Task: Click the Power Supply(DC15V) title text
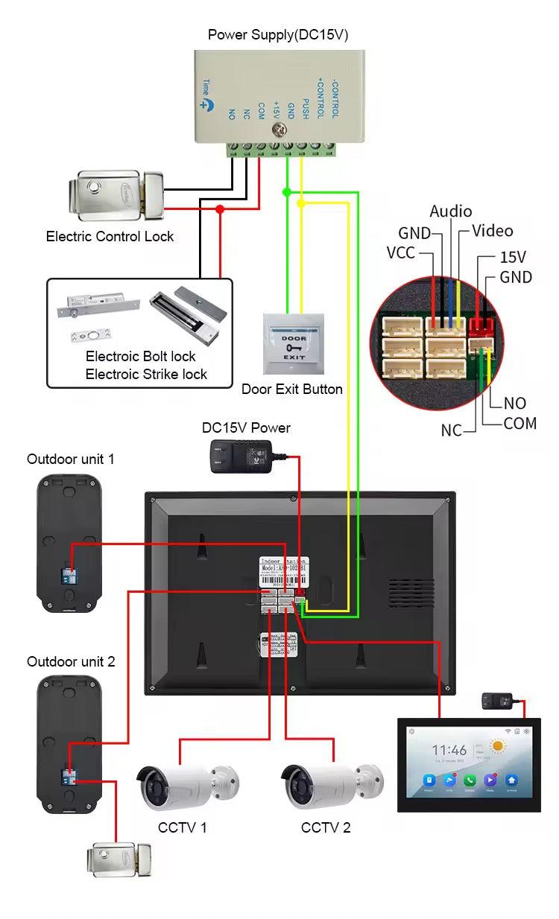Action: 278,34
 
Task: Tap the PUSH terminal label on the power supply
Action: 306,110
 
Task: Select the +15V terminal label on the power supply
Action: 276,110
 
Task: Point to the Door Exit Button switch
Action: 293,343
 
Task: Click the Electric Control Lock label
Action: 110,237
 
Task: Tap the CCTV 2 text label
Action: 326,827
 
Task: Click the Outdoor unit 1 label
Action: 71,459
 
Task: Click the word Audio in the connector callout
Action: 451,212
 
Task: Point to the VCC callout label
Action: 400,252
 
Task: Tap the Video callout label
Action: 493,231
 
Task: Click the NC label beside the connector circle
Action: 452,430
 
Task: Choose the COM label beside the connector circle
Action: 520,423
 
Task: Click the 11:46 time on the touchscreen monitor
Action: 449,751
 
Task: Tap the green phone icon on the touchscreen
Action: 470,780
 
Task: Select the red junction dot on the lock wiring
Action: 220,209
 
